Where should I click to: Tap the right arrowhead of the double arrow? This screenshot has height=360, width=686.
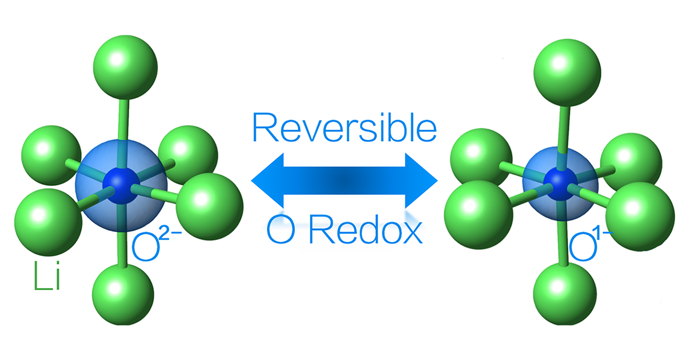(x=420, y=181)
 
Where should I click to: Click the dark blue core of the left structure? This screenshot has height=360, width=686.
(x=120, y=182)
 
